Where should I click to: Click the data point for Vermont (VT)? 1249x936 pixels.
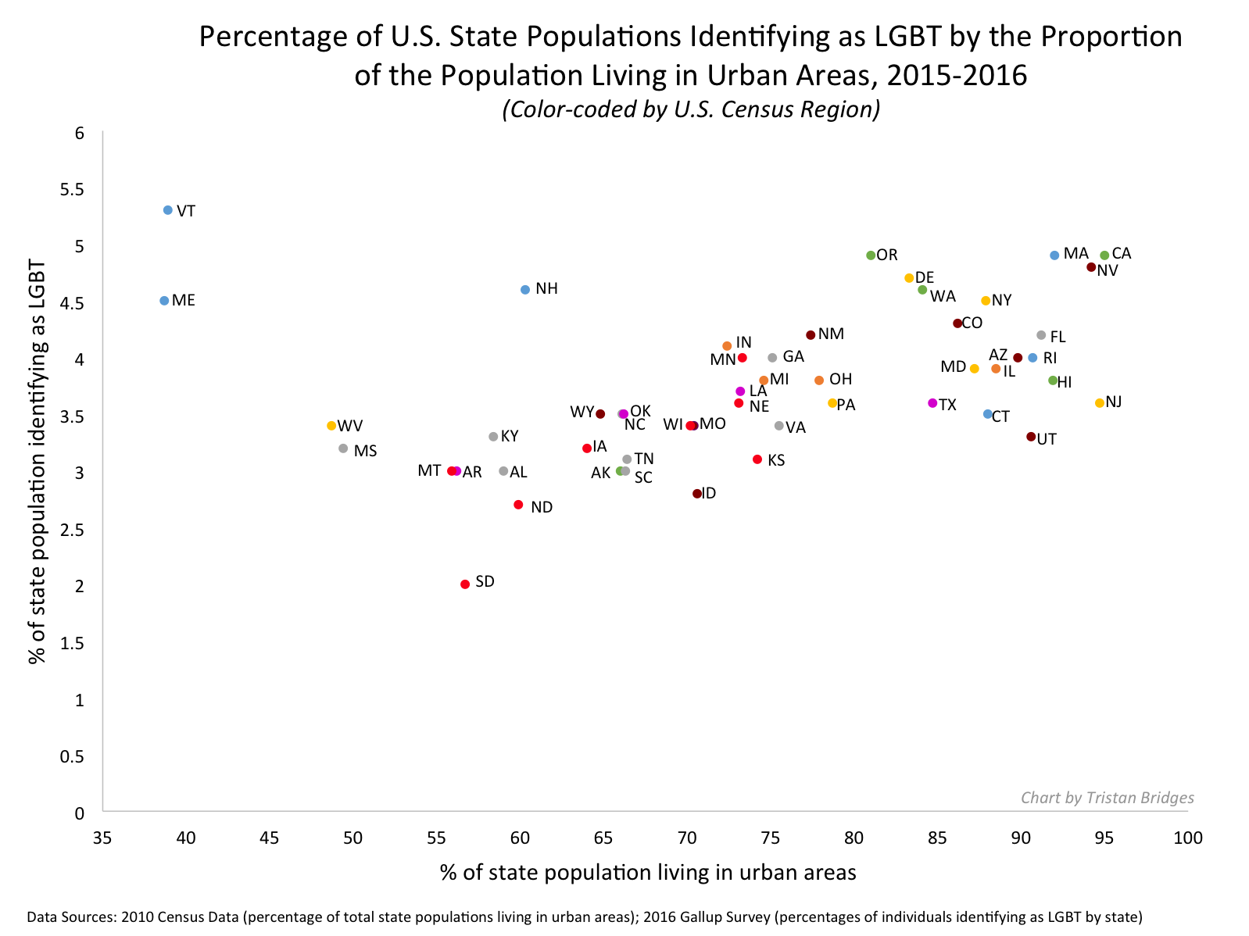[x=168, y=210]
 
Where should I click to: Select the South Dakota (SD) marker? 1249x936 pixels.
[x=465, y=584]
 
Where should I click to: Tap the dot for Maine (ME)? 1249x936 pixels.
[x=164, y=301]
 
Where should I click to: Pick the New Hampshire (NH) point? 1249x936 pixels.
[x=525, y=290]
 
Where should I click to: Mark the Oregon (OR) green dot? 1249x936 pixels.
[x=871, y=255]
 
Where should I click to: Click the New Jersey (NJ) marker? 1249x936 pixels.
[x=1100, y=403]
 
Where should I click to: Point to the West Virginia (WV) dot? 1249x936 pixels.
[x=331, y=426]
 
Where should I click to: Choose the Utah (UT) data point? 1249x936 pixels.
[x=1031, y=437]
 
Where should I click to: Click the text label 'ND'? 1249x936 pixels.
[x=542, y=508]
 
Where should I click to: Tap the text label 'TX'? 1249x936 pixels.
[x=947, y=405]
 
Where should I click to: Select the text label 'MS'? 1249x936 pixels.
[x=365, y=451]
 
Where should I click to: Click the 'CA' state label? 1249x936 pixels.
[x=1122, y=254]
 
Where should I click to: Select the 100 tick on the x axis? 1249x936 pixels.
[x=1188, y=838]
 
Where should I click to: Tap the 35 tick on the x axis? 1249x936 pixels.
[x=102, y=838]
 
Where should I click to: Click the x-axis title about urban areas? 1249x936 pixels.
[x=648, y=873]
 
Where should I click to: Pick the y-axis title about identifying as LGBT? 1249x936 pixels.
[x=37, y=461]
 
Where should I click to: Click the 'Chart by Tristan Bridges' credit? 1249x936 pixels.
[x=1108, y=798]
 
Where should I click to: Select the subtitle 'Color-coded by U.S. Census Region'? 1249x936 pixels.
[x=691, y=109]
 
